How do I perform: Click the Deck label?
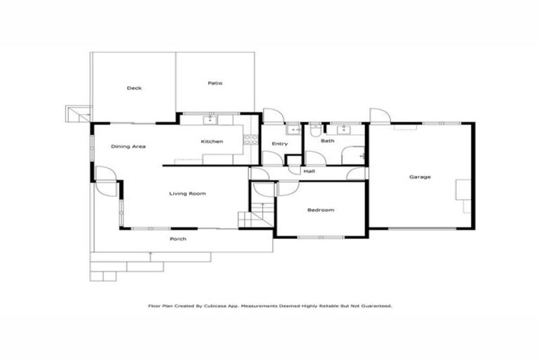134,88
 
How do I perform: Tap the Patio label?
215,84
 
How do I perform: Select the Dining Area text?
128,146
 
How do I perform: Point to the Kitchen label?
212,141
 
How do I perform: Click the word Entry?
280,144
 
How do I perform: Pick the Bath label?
328,141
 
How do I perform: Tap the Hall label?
309,171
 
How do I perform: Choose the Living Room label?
188,193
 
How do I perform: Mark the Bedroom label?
321,210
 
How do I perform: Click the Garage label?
420,176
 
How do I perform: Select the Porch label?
179,239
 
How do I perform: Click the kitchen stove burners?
250,139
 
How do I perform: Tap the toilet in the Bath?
317,130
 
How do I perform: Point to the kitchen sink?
213,120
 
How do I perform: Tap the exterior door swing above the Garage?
379,116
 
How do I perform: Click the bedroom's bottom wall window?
321,236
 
